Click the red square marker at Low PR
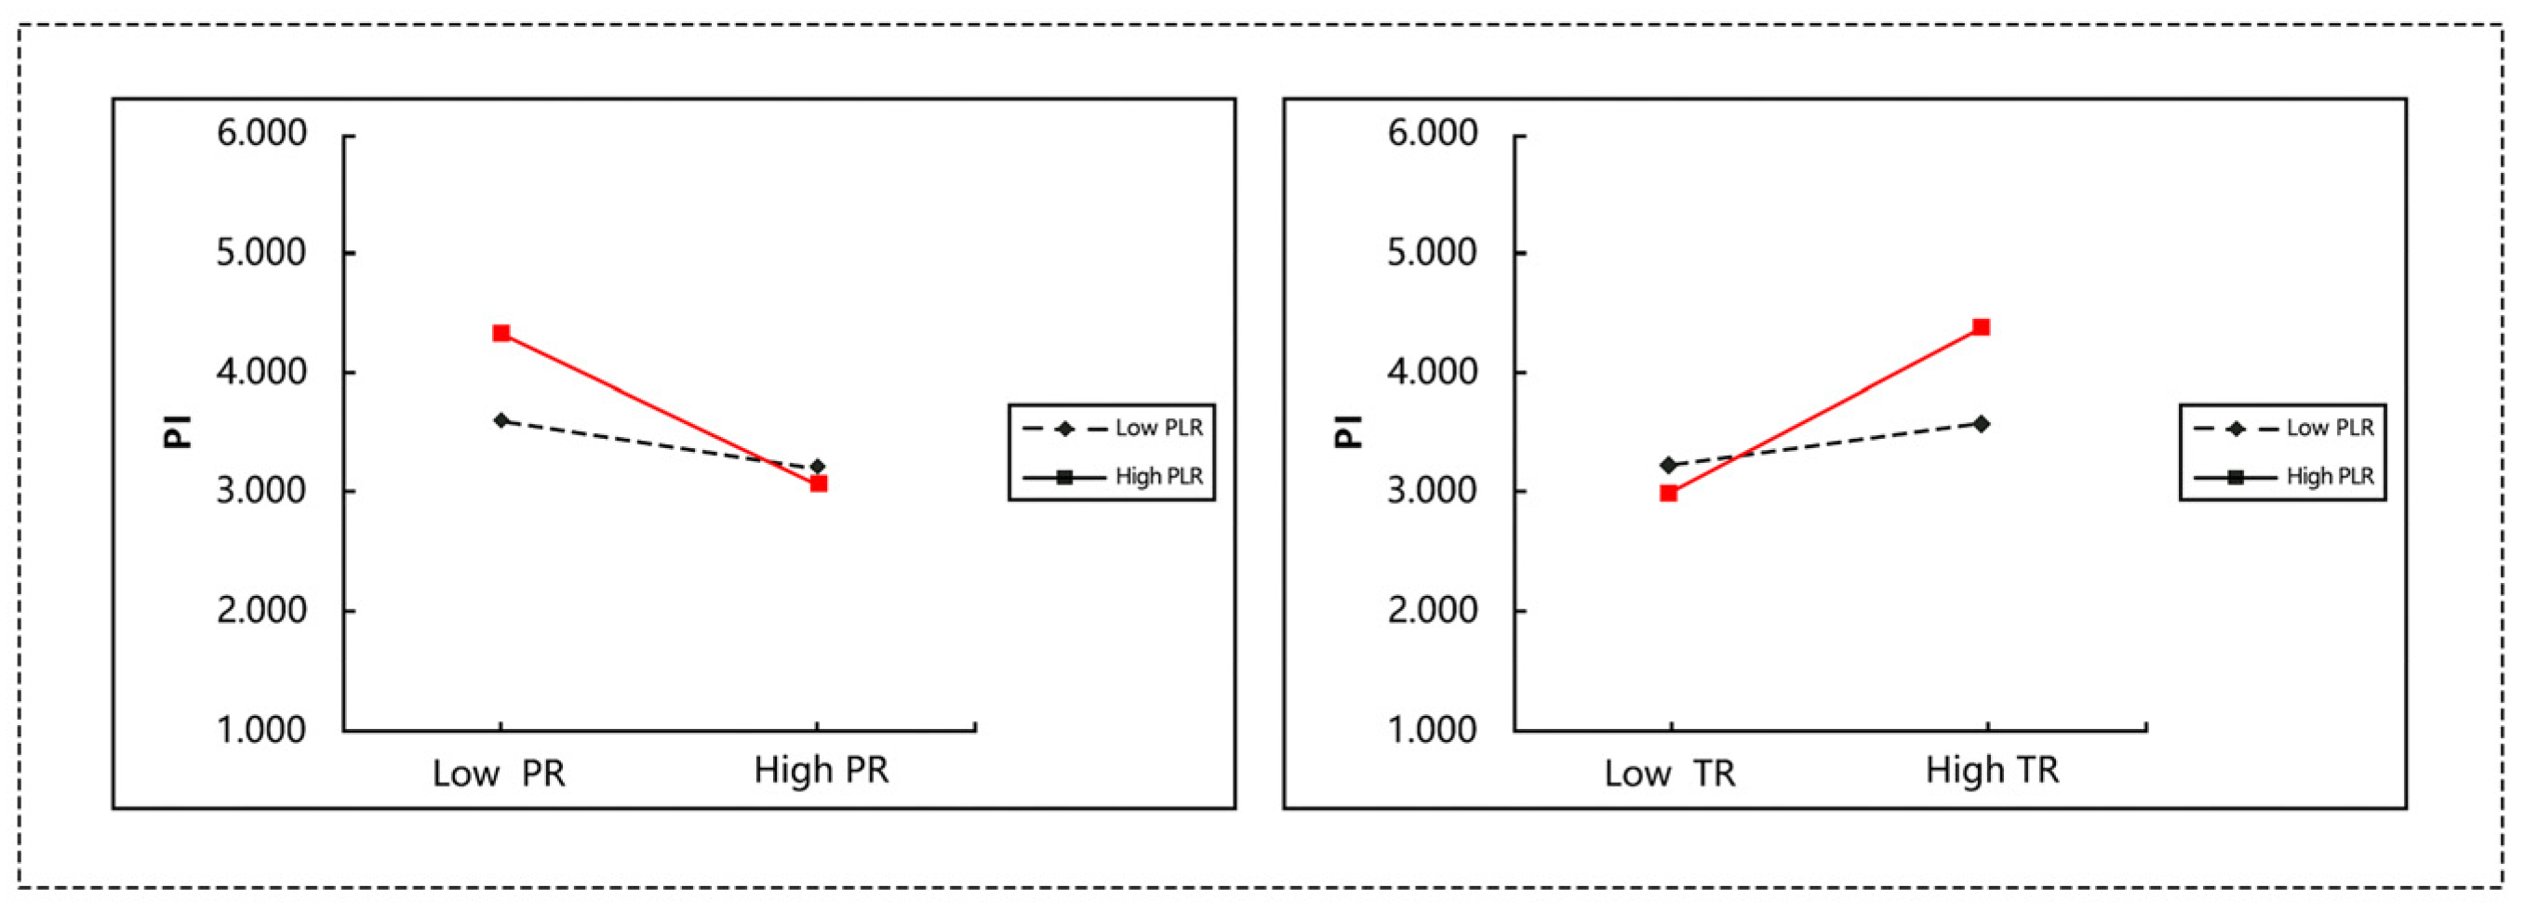(501, 333)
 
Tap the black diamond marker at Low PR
(501, 420)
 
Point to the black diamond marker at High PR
(818, 467)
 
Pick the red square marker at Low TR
(1668, 494)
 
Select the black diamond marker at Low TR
(1668, 465)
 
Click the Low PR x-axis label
(499, 774)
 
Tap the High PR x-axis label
(821, 771)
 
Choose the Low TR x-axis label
(1670, 774)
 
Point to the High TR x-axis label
(1992, 771)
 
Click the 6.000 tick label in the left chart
(260, 133)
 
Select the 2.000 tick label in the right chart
(1432, 610)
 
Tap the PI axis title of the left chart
(178, 431)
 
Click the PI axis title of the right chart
(1348, 431)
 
